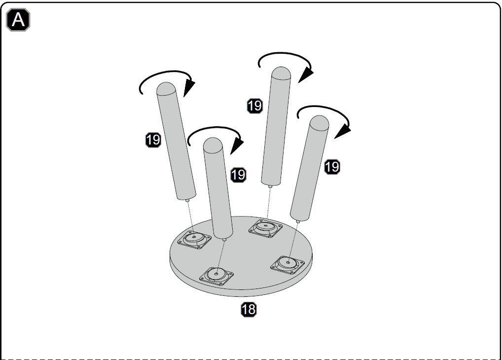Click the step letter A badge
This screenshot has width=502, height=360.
18,20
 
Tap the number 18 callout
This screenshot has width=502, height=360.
249,309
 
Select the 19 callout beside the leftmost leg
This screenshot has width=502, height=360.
153,140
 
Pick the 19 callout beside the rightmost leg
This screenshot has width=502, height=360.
332,167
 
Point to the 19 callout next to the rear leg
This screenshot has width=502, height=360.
255,106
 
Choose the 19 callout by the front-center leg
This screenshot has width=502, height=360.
238,175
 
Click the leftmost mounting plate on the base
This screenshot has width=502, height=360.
194,239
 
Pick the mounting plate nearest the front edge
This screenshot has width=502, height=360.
216,276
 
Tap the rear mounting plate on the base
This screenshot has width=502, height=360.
265,228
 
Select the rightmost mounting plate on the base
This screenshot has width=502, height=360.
288,264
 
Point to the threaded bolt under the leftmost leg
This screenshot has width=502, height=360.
187,200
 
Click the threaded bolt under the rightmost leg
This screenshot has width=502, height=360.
298,221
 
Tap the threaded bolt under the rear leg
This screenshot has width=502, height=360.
270,186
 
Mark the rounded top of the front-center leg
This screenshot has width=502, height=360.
213,143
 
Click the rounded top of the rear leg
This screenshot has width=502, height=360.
281,72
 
